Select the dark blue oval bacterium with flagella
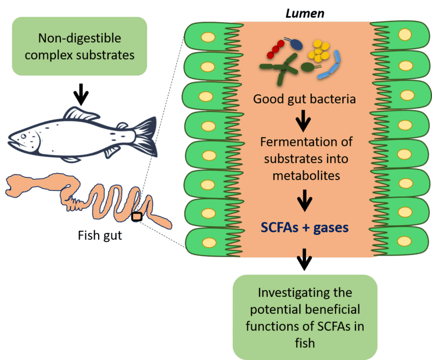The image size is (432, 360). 298,44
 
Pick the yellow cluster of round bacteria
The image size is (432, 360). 319,50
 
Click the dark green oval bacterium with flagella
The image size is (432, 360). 307,68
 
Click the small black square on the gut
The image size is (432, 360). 137,217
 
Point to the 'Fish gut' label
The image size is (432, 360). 100,236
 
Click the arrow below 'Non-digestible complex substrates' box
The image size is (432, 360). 81,94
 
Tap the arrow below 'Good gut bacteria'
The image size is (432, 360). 303,118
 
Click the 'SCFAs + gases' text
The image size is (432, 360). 304,227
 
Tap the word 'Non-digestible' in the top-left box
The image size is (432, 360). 78,38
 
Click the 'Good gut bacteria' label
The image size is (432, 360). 304,99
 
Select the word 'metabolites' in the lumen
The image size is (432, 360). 304,176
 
